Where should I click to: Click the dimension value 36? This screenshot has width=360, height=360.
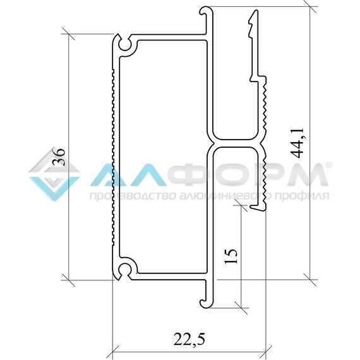(x=59, y=157)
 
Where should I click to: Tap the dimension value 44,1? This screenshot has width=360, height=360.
(x=297, y=143)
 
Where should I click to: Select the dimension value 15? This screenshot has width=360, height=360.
(x=231, y=256)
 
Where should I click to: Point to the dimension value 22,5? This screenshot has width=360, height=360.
(x=189, y=339)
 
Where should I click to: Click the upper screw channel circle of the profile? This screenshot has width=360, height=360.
(x=125, y=44)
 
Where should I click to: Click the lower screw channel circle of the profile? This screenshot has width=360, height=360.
(x=125, y=270)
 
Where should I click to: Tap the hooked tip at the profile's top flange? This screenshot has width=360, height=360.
(x=203, y=11)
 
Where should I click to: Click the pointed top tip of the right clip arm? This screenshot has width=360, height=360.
(x=255, y=10)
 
